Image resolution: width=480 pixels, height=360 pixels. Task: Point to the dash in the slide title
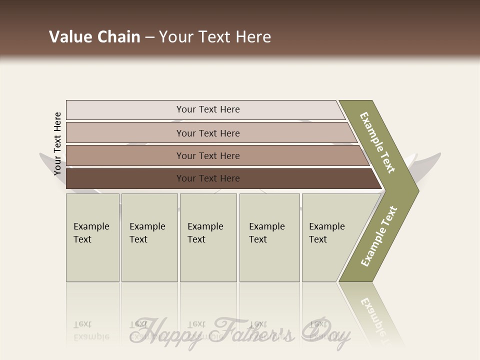point(149,37)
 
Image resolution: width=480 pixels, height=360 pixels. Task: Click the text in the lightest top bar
point(208,109)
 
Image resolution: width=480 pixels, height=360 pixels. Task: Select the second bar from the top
point(208,133)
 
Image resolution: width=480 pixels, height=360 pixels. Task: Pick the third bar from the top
point(208,155)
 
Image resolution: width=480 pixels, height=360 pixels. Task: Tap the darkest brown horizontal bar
point(208,178)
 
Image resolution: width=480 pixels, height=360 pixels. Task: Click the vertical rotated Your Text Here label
point(57,143)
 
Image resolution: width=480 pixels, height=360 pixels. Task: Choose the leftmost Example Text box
point(92,237)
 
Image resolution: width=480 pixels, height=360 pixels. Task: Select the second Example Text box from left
point(149,237)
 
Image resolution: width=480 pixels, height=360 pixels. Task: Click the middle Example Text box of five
point(207,237)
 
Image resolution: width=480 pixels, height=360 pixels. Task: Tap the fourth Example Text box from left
point(269,237)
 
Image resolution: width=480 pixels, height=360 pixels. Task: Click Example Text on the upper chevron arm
point(377,142)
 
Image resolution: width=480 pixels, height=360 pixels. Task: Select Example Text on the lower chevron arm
point(379,236)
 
